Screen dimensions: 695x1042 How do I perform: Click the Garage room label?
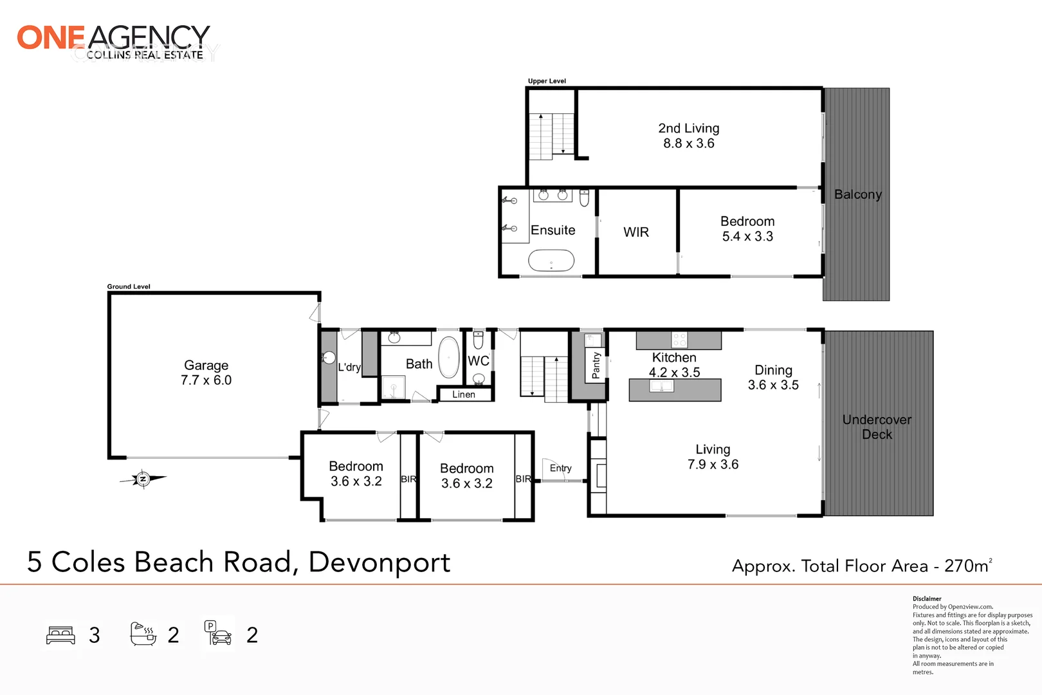pos(206,365)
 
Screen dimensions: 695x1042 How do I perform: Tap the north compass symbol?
pos(143,479)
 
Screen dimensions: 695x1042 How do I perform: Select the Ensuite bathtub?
pos(551,261)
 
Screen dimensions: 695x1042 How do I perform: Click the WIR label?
pos(635,232)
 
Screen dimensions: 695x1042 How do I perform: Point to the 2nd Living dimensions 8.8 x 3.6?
pos(688,144)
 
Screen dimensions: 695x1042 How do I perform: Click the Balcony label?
pos(857,194)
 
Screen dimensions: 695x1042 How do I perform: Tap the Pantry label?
pos(596,365)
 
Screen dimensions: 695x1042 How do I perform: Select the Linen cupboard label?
pos(463,394)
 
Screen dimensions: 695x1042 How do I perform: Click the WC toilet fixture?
pos(479,340)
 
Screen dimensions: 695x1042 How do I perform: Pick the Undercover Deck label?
pos(877,427)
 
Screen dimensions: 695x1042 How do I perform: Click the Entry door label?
pos(560,468)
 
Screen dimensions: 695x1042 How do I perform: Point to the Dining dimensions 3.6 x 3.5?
pos(773,385)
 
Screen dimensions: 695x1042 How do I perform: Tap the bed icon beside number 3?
pos(61,635)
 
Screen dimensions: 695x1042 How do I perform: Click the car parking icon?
pos(219,634)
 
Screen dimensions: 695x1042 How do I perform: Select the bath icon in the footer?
pos(143,634)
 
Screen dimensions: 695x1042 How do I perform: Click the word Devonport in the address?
pos(379,562)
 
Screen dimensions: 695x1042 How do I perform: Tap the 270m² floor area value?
pos(967,566)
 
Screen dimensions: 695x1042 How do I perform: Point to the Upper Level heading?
pos(547,81)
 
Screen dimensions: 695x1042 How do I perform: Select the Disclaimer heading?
pos(927,598)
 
